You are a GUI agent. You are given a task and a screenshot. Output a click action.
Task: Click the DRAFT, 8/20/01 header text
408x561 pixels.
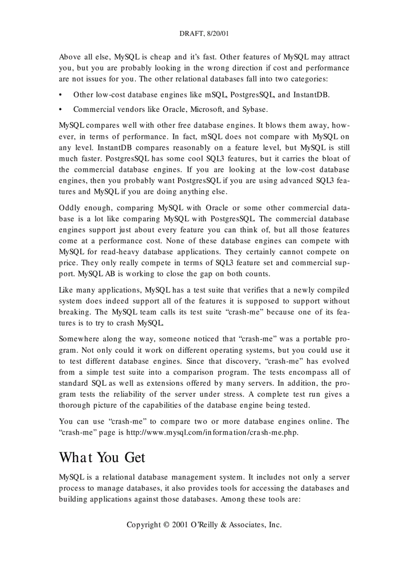(x=204, y=34)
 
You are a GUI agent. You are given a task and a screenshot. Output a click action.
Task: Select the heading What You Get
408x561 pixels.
(x=102, y=457)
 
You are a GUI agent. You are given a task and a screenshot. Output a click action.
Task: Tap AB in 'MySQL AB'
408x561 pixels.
(x=97, y=274)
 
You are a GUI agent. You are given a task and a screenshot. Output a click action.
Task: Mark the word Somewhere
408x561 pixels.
(x=79, y=339)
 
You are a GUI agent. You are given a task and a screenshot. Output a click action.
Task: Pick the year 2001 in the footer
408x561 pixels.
(x=180, y=525)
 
